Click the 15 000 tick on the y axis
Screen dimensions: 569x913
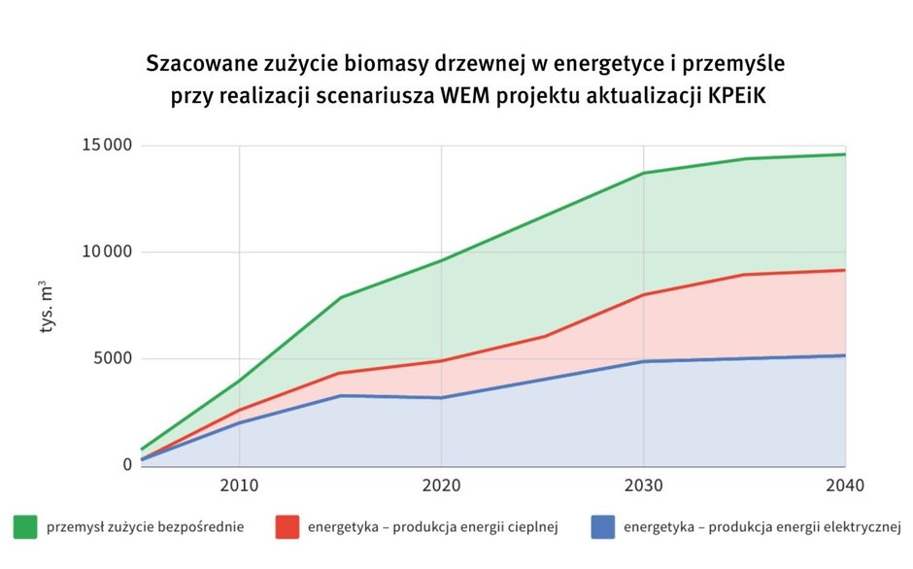[x=106, y=146]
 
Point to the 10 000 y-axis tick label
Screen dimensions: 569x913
[x=106, y=252]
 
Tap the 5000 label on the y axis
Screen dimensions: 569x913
[x=113, y=359]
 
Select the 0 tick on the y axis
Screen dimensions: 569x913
[x=127, y=465]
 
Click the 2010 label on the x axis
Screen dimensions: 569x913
[x=239, y=485]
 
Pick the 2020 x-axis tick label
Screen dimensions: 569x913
[x=441, y=485]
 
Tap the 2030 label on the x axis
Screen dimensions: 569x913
[x=643, y=485]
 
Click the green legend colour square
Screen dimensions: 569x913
[x=24, y=527]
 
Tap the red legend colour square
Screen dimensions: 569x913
[x=287, y=527]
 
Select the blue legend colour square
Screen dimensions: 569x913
[x=602, y=527]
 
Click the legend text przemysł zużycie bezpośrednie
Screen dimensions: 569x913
[x=144, y=528]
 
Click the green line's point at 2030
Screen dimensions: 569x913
[x=643, y=173]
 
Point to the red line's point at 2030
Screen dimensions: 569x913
[x=643, y=294]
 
